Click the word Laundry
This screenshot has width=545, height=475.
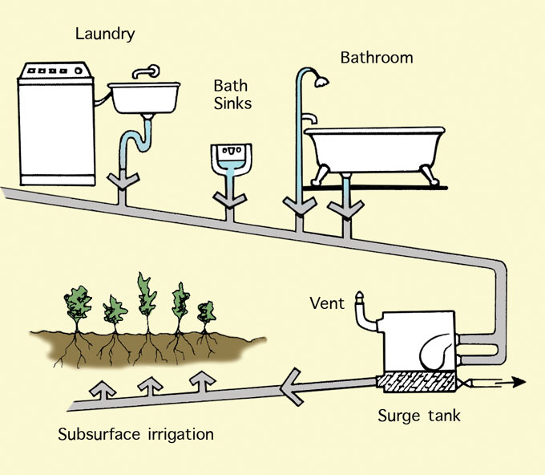(105, 34)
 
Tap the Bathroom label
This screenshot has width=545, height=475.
(377, 58)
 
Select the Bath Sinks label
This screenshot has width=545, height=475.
(232, 93)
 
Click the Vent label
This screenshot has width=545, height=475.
(327, 303)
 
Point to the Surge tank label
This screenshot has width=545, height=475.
(419, 416)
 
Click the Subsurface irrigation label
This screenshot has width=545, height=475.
(136, 435)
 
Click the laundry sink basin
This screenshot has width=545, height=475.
(145, 98)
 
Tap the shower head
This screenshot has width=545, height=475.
(322, 80)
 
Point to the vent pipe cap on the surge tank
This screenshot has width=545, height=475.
(361, 302)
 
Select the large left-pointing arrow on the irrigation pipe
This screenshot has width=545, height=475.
(297, 390)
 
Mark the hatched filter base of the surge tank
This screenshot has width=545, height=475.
(417, 384)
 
